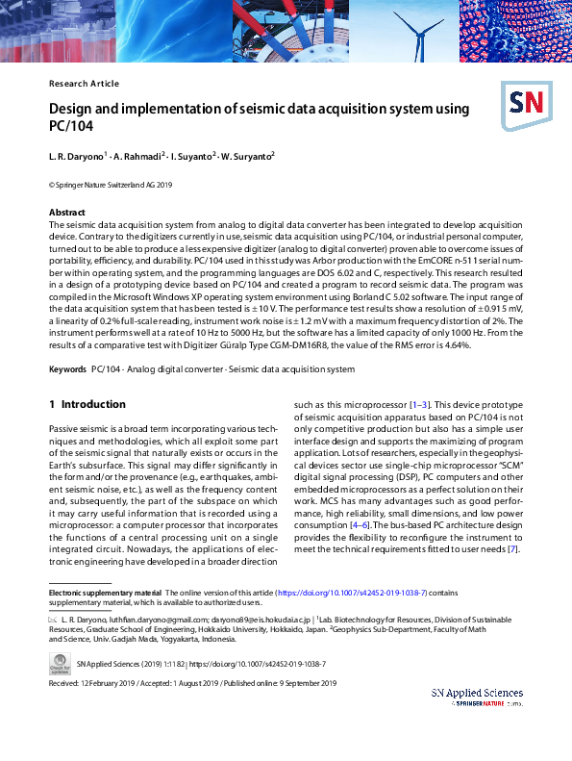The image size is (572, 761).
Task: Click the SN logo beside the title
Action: tap(523, 104)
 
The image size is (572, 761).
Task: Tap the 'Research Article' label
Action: tap(84, 84)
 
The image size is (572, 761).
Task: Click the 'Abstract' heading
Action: tap(68, 212)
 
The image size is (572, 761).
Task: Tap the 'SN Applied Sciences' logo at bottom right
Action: tap(477, 695)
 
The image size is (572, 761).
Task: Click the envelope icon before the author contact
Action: tap(53, 621)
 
